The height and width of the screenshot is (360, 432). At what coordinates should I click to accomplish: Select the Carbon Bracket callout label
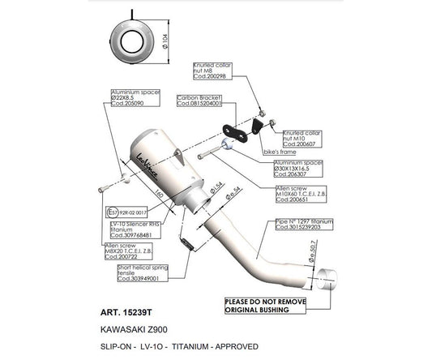pos(199,101)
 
